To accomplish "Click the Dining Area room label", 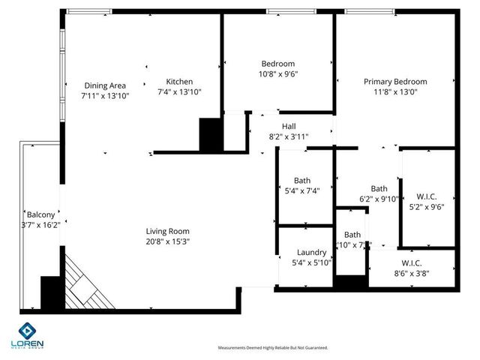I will point(104,85).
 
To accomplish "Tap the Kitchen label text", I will point(179,82).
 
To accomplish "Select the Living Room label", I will point(167,231).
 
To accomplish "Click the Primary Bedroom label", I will point(394,82).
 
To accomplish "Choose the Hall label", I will point(289,126).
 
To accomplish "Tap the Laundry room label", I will point(310,253).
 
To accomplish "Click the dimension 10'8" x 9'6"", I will point(277,74).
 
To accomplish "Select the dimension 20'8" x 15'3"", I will point(167,241).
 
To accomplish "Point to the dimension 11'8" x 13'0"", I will point(394,92).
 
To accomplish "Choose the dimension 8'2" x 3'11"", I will point(289,136).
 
